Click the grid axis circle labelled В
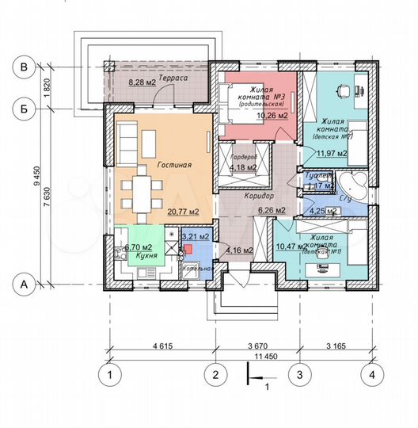(x=25, y=69)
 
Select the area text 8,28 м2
(x=143, y=82)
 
